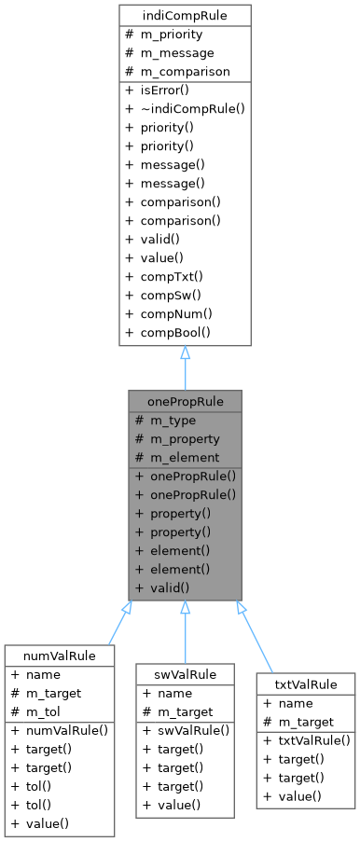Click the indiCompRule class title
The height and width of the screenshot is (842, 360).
coord(185,16)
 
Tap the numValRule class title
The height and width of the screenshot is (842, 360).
coord(60,656)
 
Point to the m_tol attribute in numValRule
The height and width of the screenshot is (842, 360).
coord(46,711)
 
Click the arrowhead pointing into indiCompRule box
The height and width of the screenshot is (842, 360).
coord(185,353)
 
